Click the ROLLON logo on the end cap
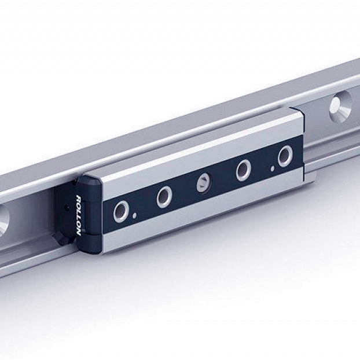coord(78,215)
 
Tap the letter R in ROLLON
coord(78,198)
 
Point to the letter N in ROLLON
coord(79,233)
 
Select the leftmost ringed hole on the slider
coord(121,211)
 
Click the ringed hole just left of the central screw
coord(164,197)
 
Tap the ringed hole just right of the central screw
coord(244,170)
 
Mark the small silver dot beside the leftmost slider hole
coord(135,215)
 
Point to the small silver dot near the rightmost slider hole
coord(272,169)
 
